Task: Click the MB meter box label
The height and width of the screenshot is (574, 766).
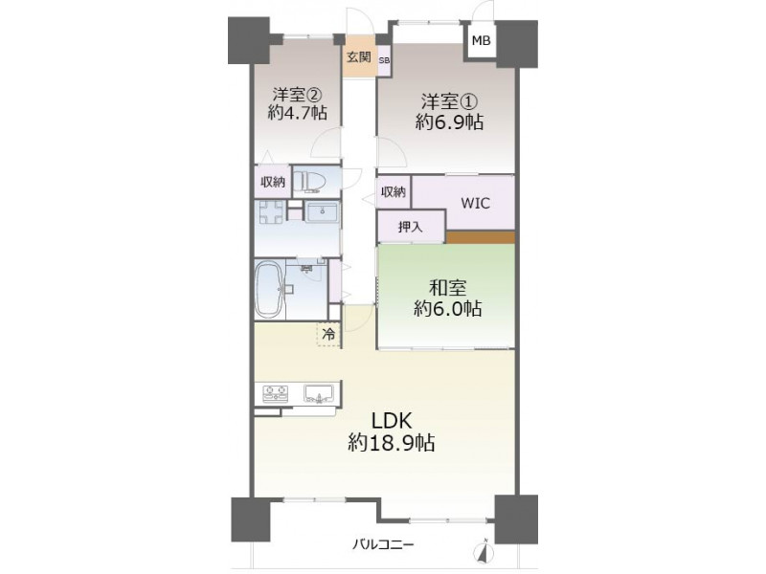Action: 481,40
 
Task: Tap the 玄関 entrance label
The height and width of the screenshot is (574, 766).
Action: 359,57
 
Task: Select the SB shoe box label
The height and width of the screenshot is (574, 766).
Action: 385,60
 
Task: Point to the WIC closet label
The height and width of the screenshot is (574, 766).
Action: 475,203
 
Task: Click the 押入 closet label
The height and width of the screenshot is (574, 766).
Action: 411,227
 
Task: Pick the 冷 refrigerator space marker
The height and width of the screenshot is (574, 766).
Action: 329,334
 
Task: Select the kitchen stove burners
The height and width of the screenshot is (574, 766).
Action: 276,393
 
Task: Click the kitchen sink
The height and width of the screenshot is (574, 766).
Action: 319,393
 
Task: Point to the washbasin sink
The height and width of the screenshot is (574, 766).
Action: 322,212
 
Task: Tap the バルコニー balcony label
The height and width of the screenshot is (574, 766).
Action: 384,543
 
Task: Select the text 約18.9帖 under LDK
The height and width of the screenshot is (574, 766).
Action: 392,443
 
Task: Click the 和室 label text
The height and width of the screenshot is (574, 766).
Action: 447,288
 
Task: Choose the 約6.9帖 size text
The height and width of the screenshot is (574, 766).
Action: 449,122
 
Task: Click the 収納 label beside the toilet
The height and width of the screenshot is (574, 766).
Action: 273,182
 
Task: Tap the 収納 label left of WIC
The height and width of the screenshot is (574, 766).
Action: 394,192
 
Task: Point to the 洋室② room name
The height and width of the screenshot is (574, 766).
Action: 297,93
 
